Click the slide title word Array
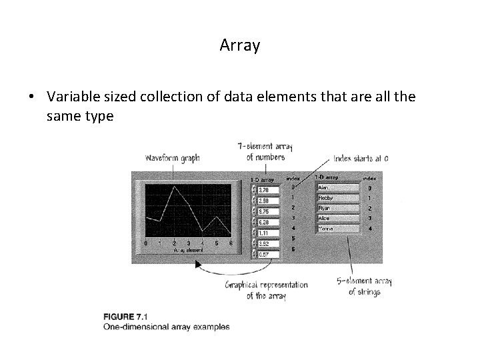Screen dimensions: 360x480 pyautogui.click(x=240, y=45)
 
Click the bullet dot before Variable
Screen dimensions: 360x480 pyautogui.click(x=31, y=97)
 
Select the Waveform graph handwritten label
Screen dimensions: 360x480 pyautogui.click(x=172, y=158)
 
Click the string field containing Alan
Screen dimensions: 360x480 pyautogui.click(x=338, y=188)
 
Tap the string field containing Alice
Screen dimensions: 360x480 pyautogui.click(x=338, y=218)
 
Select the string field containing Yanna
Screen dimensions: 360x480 pyautogui.click(x=338, y=229)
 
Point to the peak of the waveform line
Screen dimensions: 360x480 pyautogui.click(x=175, y=187)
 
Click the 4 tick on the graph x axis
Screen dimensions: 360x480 pyautogui.click(x=203, y=243)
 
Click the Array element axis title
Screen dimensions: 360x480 pyautogui.click(x=189, y=250)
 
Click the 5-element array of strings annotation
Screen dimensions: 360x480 pyautogui.click(x=365, y=286)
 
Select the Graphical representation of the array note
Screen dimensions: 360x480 pyautogui.click(x=266, y=290)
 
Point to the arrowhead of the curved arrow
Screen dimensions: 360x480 pyautogui.click(x=198, y=265)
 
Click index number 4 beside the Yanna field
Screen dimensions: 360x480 pyautogui.click(x=370, y=229)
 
